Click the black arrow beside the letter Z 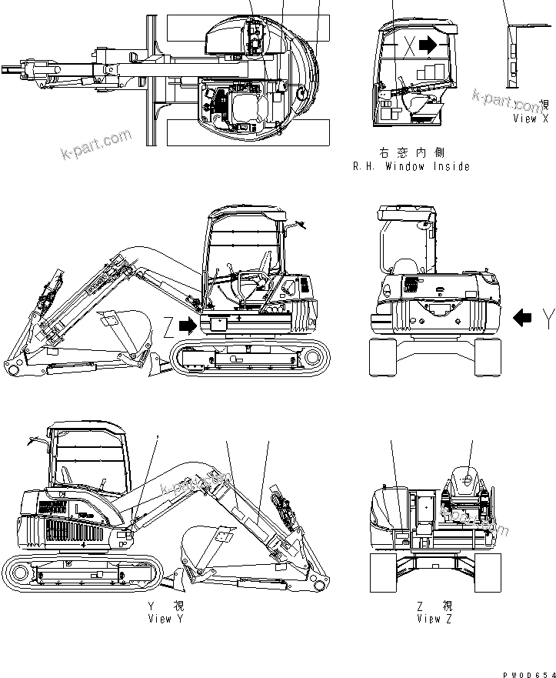(x=187, y=326)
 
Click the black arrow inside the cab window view (x=428, y=45)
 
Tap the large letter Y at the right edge (x=547, y=317)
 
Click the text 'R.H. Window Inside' (x=411, y=166)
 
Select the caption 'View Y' (x=165, y=618)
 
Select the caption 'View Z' (x=434, y=618)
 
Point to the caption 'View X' (x=530, y=119)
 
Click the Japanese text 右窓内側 (x=411, y=153)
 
